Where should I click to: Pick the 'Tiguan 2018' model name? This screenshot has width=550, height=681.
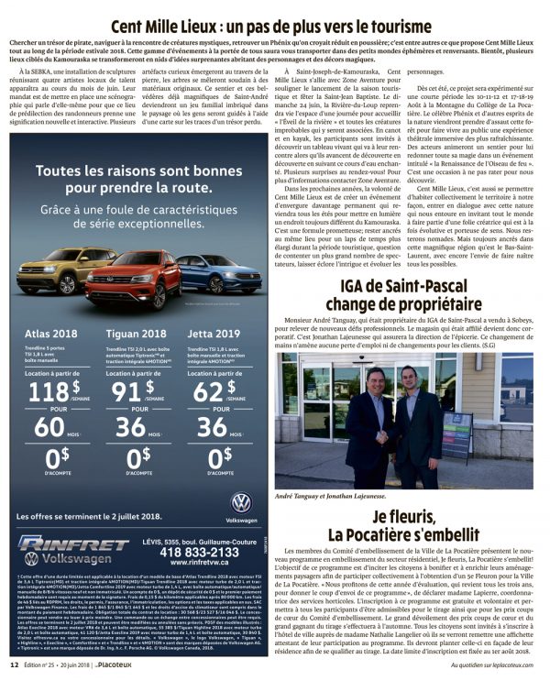coord(137,334)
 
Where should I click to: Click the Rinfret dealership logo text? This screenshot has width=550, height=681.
coord(73,544)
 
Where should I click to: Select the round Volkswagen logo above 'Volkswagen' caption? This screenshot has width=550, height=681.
coord(241,502)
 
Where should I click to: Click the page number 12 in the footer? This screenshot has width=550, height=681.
coord(14,671)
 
